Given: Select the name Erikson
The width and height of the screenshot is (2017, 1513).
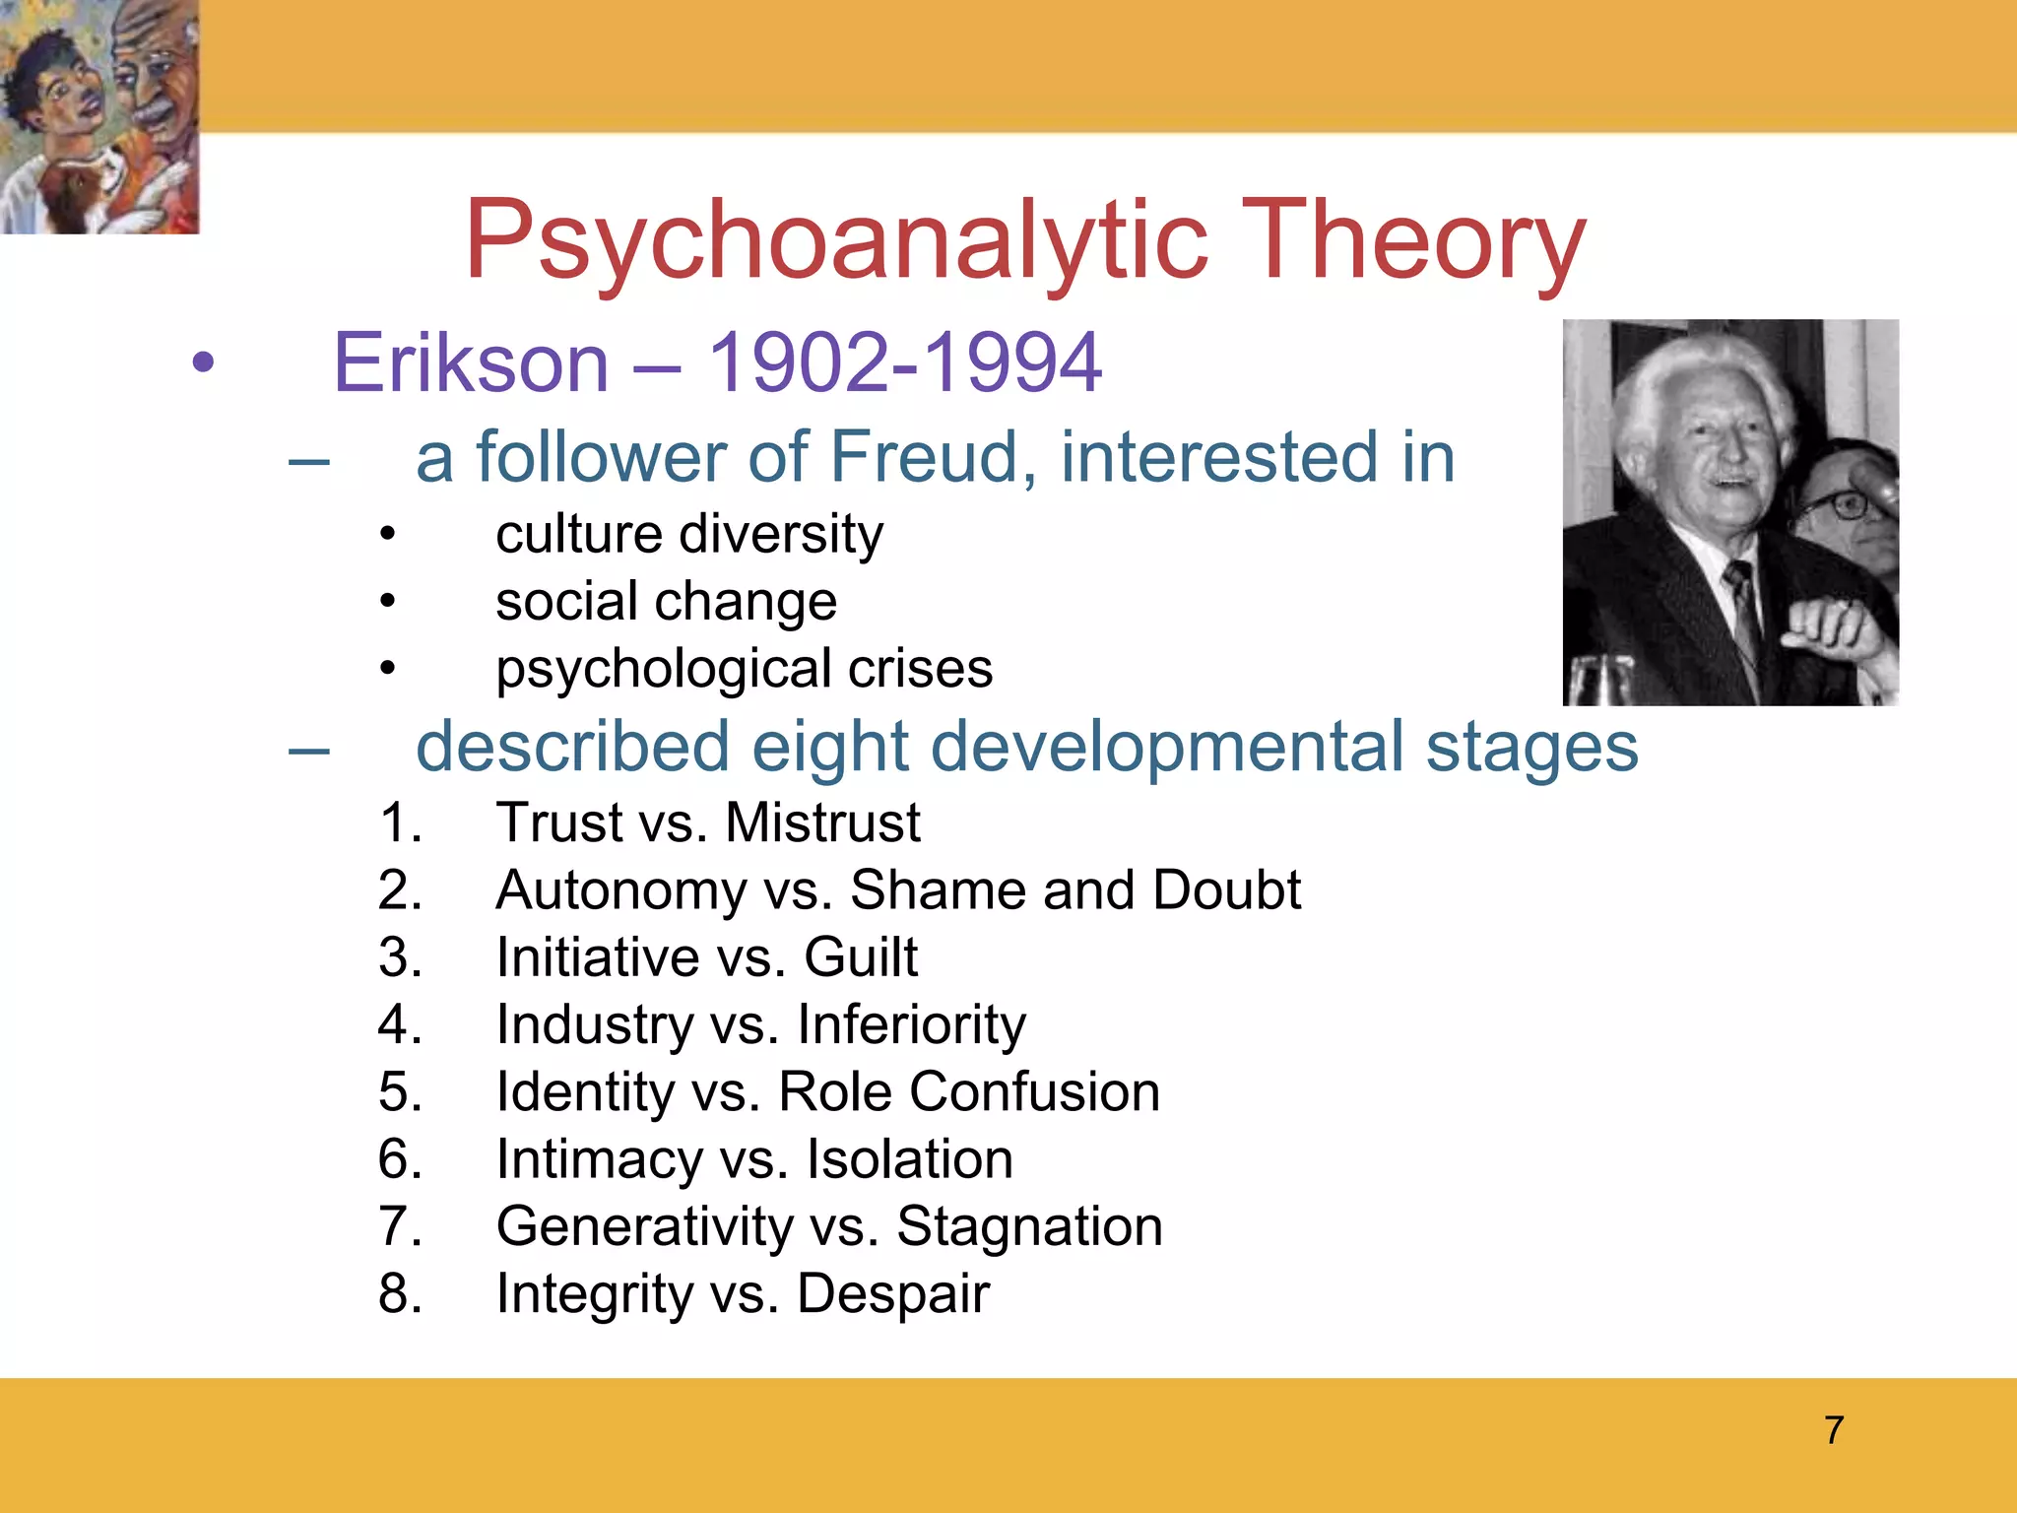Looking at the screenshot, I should tap(471, 362).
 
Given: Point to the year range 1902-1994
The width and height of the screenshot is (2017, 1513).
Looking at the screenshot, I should tap(904, 362).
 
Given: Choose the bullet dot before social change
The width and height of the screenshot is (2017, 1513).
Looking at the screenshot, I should tap(388, 601).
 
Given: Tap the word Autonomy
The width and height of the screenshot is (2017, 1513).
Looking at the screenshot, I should tap(621, 890).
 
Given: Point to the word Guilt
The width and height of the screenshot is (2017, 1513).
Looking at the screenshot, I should tap(860, 957).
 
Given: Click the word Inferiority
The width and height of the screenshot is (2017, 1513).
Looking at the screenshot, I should tap(911, 1025).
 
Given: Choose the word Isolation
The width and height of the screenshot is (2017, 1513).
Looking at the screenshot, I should tap(909, 1159).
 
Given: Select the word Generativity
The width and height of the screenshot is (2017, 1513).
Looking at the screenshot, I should tap(644, 1227).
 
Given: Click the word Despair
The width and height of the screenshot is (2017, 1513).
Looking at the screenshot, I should tap(892, 1294).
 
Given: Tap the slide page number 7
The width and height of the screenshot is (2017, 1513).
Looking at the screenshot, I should tap(1833, 1430).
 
